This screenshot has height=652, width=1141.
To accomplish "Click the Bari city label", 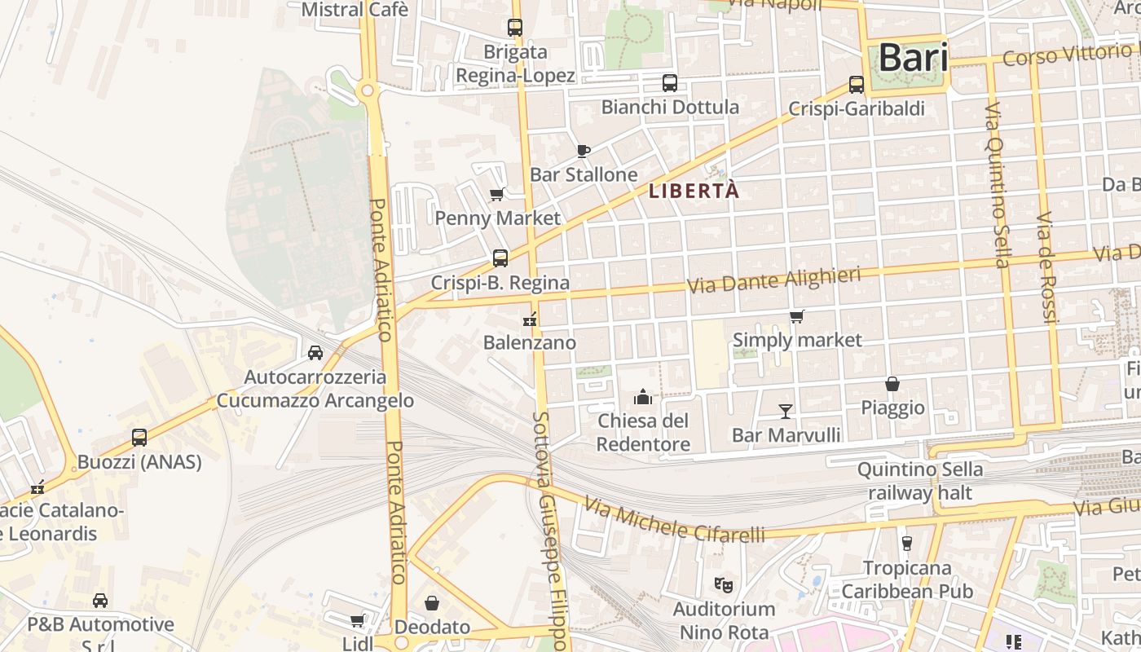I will [913, 59].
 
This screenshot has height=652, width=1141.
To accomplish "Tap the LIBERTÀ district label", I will [694, 192].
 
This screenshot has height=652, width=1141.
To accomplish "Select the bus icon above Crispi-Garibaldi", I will [857, 84].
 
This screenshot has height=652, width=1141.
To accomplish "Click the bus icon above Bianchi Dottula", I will [669, 82].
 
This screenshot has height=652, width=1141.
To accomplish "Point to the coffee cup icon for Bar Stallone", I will [583, 150].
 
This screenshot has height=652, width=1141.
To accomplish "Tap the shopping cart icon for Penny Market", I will [496, 194].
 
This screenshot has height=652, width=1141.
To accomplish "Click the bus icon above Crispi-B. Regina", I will [500, 258].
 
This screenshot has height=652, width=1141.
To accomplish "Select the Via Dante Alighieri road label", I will [773, 280].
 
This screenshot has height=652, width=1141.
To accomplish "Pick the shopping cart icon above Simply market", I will [796, 316].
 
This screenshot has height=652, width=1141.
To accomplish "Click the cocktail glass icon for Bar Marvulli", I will [786, 411].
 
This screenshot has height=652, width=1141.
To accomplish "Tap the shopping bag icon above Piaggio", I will [892, 384].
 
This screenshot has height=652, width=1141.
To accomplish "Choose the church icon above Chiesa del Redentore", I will [643, 397].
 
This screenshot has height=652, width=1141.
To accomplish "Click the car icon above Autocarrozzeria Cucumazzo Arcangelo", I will [315, 353].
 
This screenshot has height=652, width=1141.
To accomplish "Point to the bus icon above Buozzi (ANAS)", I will [139, 438].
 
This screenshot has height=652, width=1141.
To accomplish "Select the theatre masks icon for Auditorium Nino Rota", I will [722, 584].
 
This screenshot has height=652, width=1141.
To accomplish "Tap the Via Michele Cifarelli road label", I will [674, 522].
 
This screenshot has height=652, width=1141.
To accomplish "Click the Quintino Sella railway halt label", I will [919, 481].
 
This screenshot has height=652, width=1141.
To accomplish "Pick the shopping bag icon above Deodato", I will [432, 603].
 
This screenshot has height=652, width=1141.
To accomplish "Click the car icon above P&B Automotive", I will [100, 601].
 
